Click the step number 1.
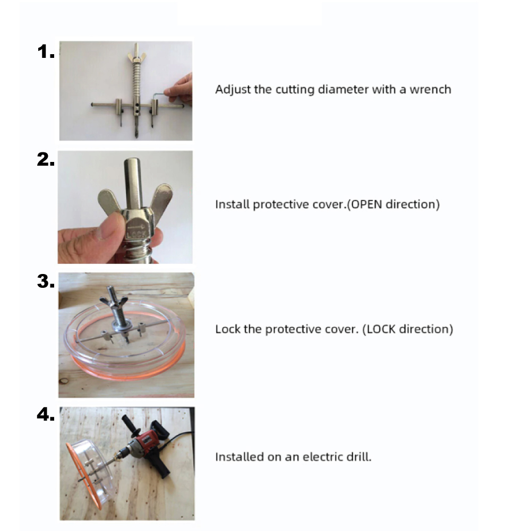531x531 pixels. (x=46, y=52)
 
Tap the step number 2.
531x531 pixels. (x=46, y=159)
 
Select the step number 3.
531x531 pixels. (x=46, y=281)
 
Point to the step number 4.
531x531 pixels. (x=46, y=414)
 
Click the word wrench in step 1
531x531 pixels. (x=431, y=89)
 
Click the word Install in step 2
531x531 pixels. (x=233, y=204)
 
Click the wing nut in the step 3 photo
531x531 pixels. (x=114, y=300)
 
